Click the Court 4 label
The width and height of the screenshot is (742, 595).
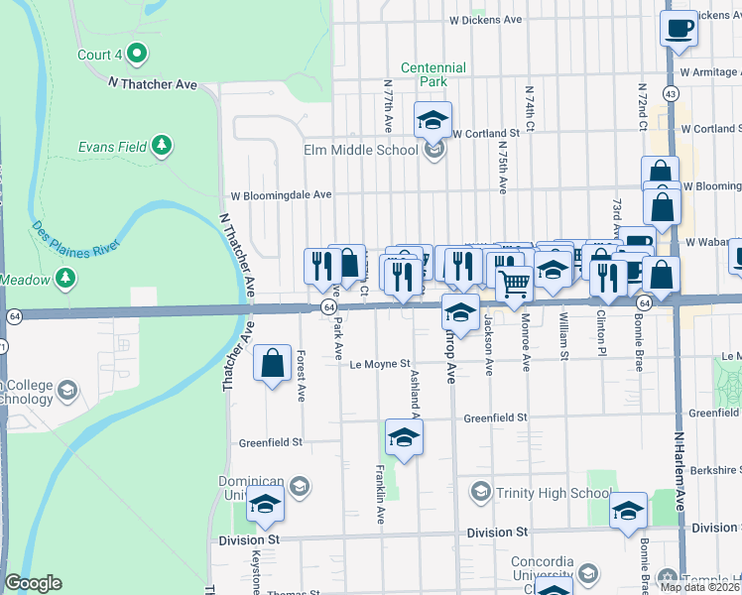[x=100, y=55]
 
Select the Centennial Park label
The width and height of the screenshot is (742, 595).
[x=433, y=74]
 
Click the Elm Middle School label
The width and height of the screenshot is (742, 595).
[x=360, y=151]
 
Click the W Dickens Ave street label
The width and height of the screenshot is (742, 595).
[x=485, y=19]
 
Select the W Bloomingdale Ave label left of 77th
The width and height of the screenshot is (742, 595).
[x=281, y=195]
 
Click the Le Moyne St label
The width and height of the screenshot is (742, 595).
[x=380, y=364]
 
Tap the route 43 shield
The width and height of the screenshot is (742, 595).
[x=672, y=94]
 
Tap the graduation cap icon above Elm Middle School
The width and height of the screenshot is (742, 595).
[x=433, y=120]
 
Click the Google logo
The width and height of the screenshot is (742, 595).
[x=33, y=583]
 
